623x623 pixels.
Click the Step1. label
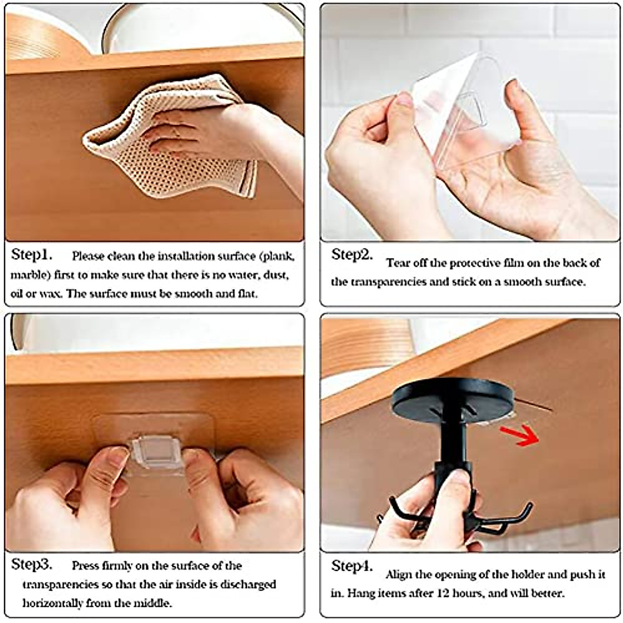[32, 255]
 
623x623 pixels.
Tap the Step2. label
[352, 255]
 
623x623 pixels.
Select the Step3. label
[32, 564]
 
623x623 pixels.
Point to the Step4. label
[352, 566]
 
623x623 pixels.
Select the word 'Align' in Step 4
[399, 575]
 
